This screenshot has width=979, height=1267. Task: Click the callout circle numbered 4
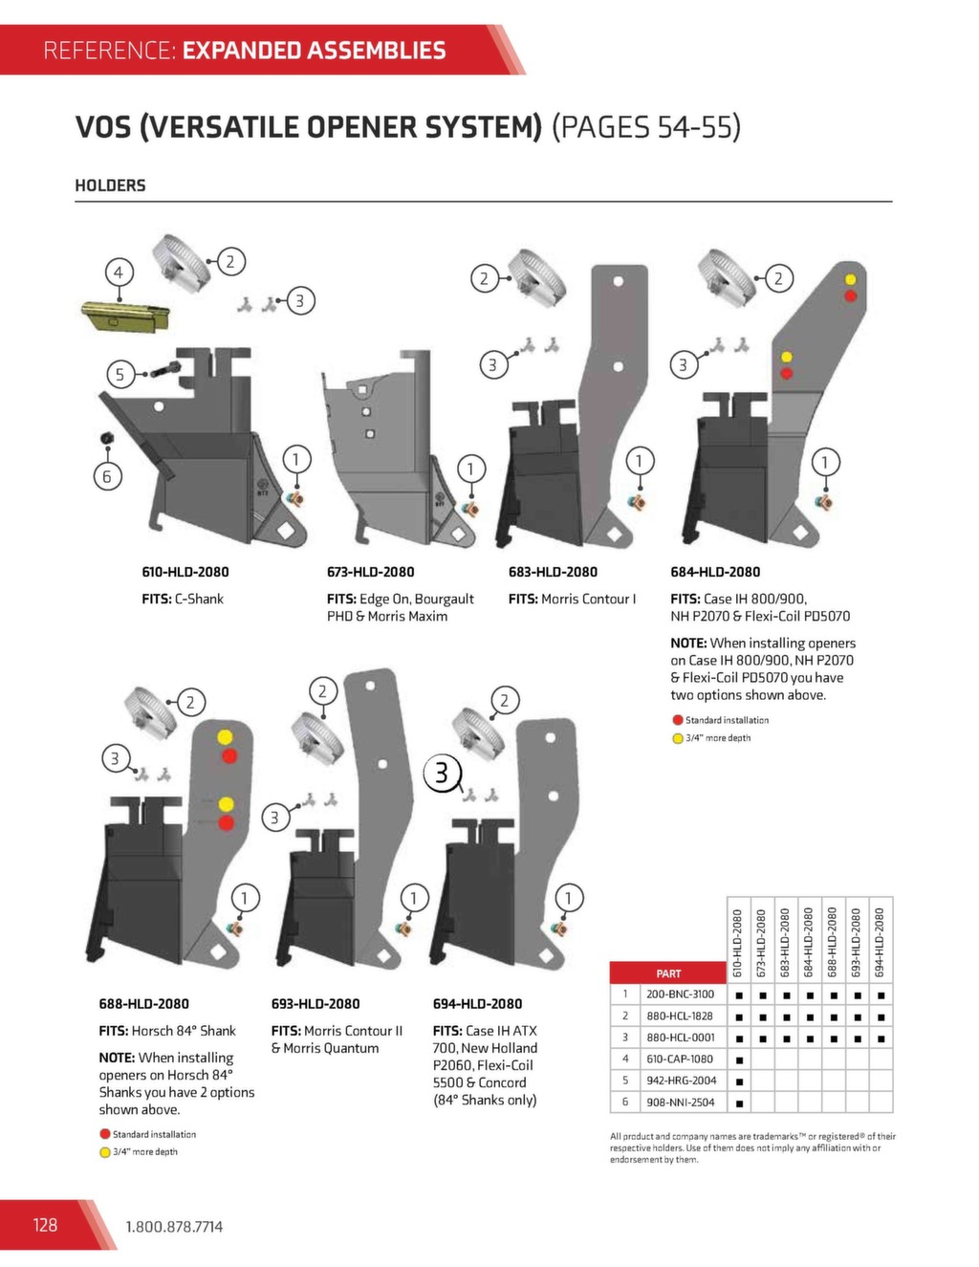tap(119, 273)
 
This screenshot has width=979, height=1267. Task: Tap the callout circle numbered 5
tap(120, 374)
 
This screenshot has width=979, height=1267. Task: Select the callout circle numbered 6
tap(107, 476)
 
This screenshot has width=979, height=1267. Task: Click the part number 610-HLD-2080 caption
tap(185, 572)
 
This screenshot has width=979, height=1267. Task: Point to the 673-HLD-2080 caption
tap(370, 572)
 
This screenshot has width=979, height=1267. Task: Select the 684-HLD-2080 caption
tap(715, 572)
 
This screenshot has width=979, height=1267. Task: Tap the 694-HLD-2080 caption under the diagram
tap(477, 1004)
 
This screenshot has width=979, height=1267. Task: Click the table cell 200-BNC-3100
tap(680, 994)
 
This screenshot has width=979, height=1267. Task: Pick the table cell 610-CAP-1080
tap(680, 1059)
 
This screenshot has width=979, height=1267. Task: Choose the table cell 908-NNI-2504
tap(680, 1103)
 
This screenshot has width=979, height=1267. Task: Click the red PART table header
tap(668, 973)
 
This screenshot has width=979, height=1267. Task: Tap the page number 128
tap(45, 1225)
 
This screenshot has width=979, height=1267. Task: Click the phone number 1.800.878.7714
tap(174, 1227)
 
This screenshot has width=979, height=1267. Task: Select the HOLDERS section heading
tap(110, 186)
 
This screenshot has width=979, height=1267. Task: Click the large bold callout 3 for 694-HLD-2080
tap(442, 773)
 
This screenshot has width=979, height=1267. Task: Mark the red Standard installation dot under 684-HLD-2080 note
tap(677, 720)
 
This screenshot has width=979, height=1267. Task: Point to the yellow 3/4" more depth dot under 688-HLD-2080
tap(104, 1152)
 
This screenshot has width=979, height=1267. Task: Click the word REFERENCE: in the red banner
tap(110, 51)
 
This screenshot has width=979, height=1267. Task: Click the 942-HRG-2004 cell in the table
tap(681, 1081)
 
